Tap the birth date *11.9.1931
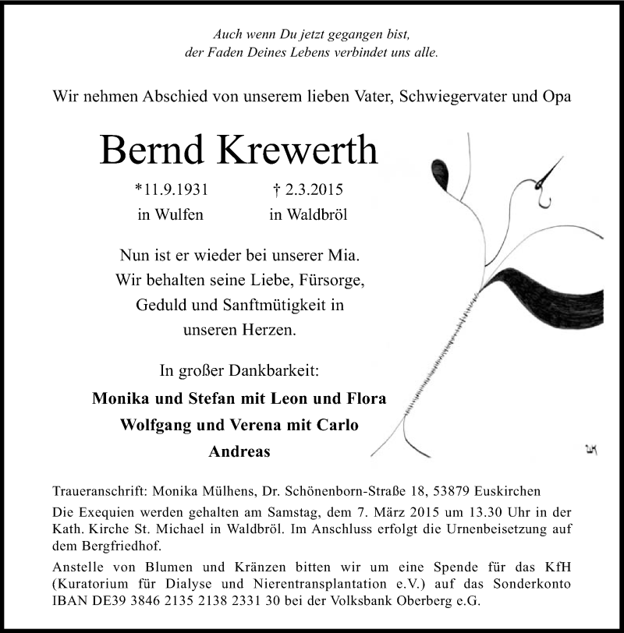point(171,189)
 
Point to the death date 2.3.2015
point(310,189)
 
